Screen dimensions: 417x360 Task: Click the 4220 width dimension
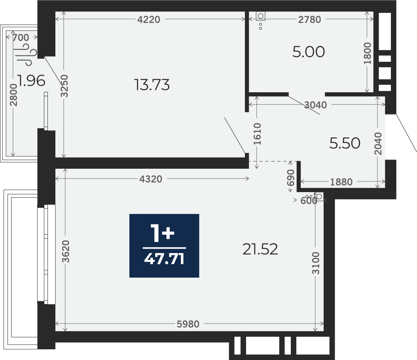pyautogui.click(x=149, y=19)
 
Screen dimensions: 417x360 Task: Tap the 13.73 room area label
pyautogui.click(x=152, y=85)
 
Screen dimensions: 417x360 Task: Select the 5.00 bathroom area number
pyautogui.click(x=309, y=51)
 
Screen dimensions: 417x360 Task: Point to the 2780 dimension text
pyautogui.click(x=309, y=19)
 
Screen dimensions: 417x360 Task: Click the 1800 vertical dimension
pyautogui.click(x=367, y=53)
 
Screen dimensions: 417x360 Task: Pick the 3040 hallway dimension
pyautogui.click(x=315, y=105)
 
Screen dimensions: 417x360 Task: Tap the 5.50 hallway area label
pyautogui.click(x=345, y=143)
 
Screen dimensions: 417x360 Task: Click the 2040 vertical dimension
pyautogui.click(x=378, y=144)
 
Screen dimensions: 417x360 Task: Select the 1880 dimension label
pyautogui.click(x=341, y=182)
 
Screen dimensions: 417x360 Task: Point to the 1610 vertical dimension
pyautogui.click(x=258, y=134)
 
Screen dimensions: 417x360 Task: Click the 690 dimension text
pyautogui.click(x=291, y=177)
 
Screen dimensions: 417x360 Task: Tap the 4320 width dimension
pyautogui.click(x=151, y=179)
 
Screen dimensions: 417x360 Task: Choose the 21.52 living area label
pyautogui.click(x=260, y=250)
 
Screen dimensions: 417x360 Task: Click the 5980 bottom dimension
pyautogui.click(x=188, y=324)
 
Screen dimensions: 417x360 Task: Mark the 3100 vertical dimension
pyautogui.click(x=316, y=263)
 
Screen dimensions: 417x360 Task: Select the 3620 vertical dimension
pyautogui.click(x=65, y=251)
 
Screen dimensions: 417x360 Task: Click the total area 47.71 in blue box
pyautogui.click(x=164, y=259)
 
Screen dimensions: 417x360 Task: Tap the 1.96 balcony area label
pyautogui.click(x=31, y=81)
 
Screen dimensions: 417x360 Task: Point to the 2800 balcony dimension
pyautogui.click(x=13, y=95)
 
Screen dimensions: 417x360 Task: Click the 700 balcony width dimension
pyautogui.click(x=21, y=38)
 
